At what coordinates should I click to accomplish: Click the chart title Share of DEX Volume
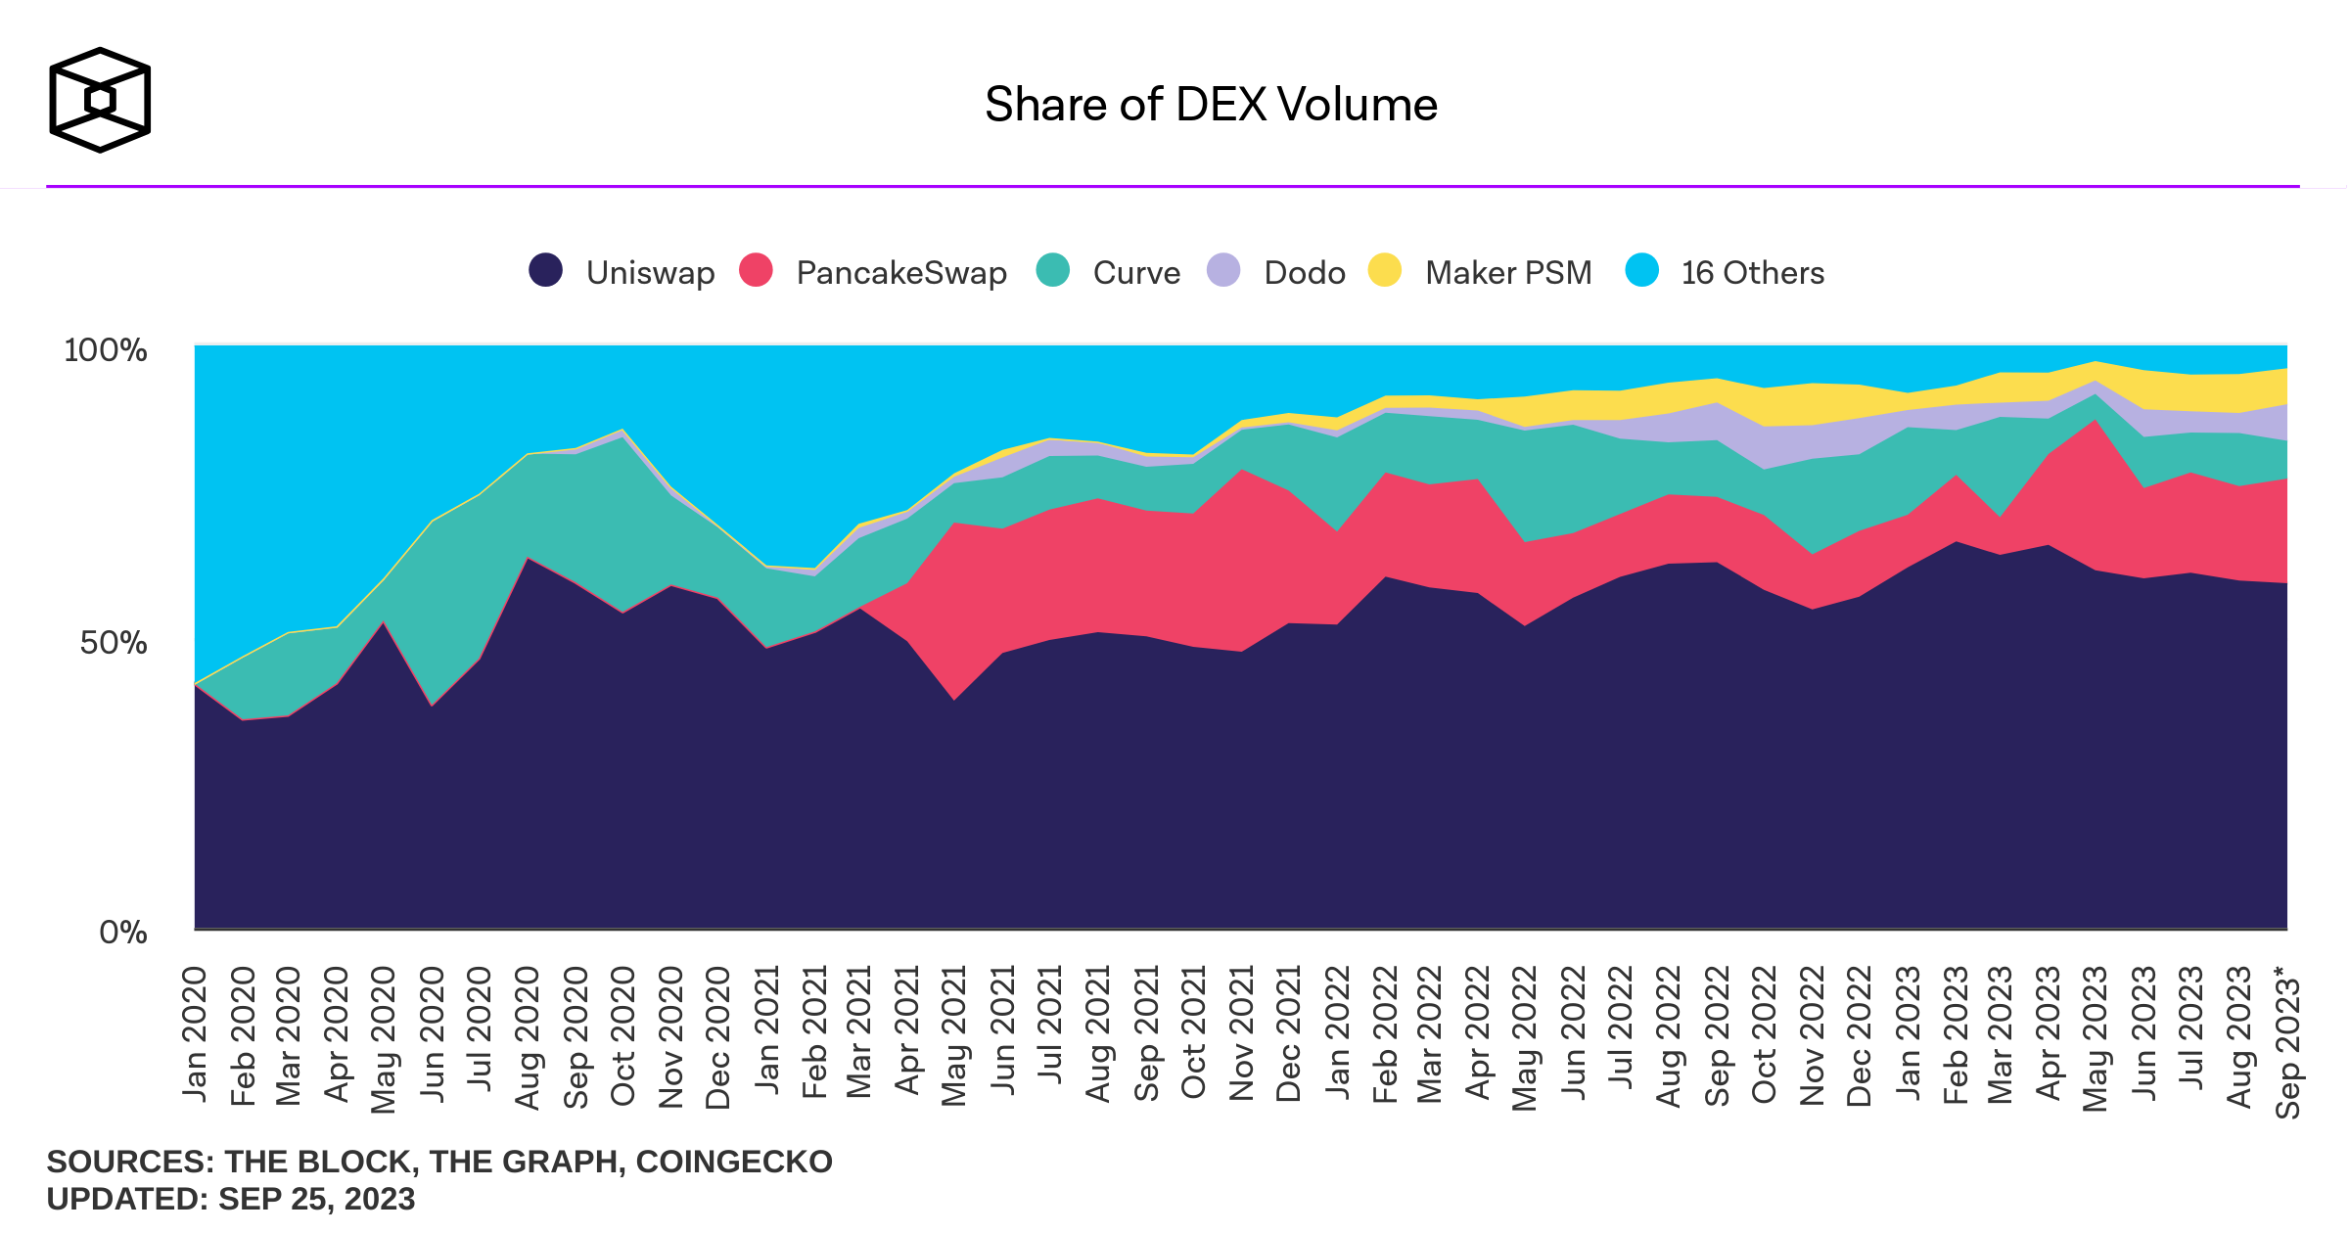[x=1211, y=105]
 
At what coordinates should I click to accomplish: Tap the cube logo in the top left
[x=100, y=100]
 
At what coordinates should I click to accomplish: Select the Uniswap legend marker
[x=545, y=270]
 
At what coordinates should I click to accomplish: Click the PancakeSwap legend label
[x=900, y=272]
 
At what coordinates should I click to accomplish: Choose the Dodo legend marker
[x=1223, y=270]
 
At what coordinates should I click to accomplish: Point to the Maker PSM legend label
[x=1508, y=272]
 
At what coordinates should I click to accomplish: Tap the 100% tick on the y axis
[x=106, y=350]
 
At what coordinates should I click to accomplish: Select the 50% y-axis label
[x=114, y=643]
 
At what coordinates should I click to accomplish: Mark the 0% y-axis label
[x=123, y=932]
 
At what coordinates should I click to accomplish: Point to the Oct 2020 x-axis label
[x=622, y=1035]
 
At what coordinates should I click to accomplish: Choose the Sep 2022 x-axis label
[x=1717, y=1035]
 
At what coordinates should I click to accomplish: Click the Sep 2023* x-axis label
[x=2287, y=1041]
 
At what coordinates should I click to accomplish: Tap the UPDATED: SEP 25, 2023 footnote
[x=231, y=1199]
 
